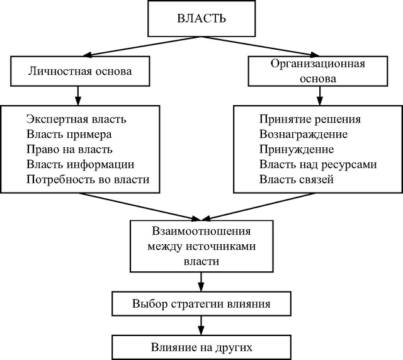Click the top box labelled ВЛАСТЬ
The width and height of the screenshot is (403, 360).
[201, 18]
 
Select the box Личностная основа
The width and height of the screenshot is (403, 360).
[80, 71]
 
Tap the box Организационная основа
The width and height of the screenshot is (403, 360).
[318, 71]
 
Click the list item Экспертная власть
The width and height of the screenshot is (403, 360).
[76, 120]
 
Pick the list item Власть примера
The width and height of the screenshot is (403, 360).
[69, 135]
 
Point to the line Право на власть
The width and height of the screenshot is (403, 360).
[69, 149]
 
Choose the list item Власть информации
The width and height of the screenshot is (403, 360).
[80, 164]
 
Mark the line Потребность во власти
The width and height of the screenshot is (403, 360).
[88, 179]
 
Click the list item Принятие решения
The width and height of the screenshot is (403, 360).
[310, 119]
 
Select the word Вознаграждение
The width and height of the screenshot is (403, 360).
[304, 135]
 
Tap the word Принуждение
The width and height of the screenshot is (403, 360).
[297, 149]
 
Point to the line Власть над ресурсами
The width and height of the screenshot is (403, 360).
[318, 164]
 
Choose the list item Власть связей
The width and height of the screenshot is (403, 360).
[297, 179]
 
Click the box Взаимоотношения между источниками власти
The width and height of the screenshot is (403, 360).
[201, 246]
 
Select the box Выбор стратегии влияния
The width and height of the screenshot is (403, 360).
[201, 304]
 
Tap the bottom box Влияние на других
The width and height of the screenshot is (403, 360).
[201, 347]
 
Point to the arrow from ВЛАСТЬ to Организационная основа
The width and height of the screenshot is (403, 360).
[260, 46]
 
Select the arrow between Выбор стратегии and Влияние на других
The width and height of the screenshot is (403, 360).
[201, 325]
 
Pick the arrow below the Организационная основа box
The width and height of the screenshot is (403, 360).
[319, 96]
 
